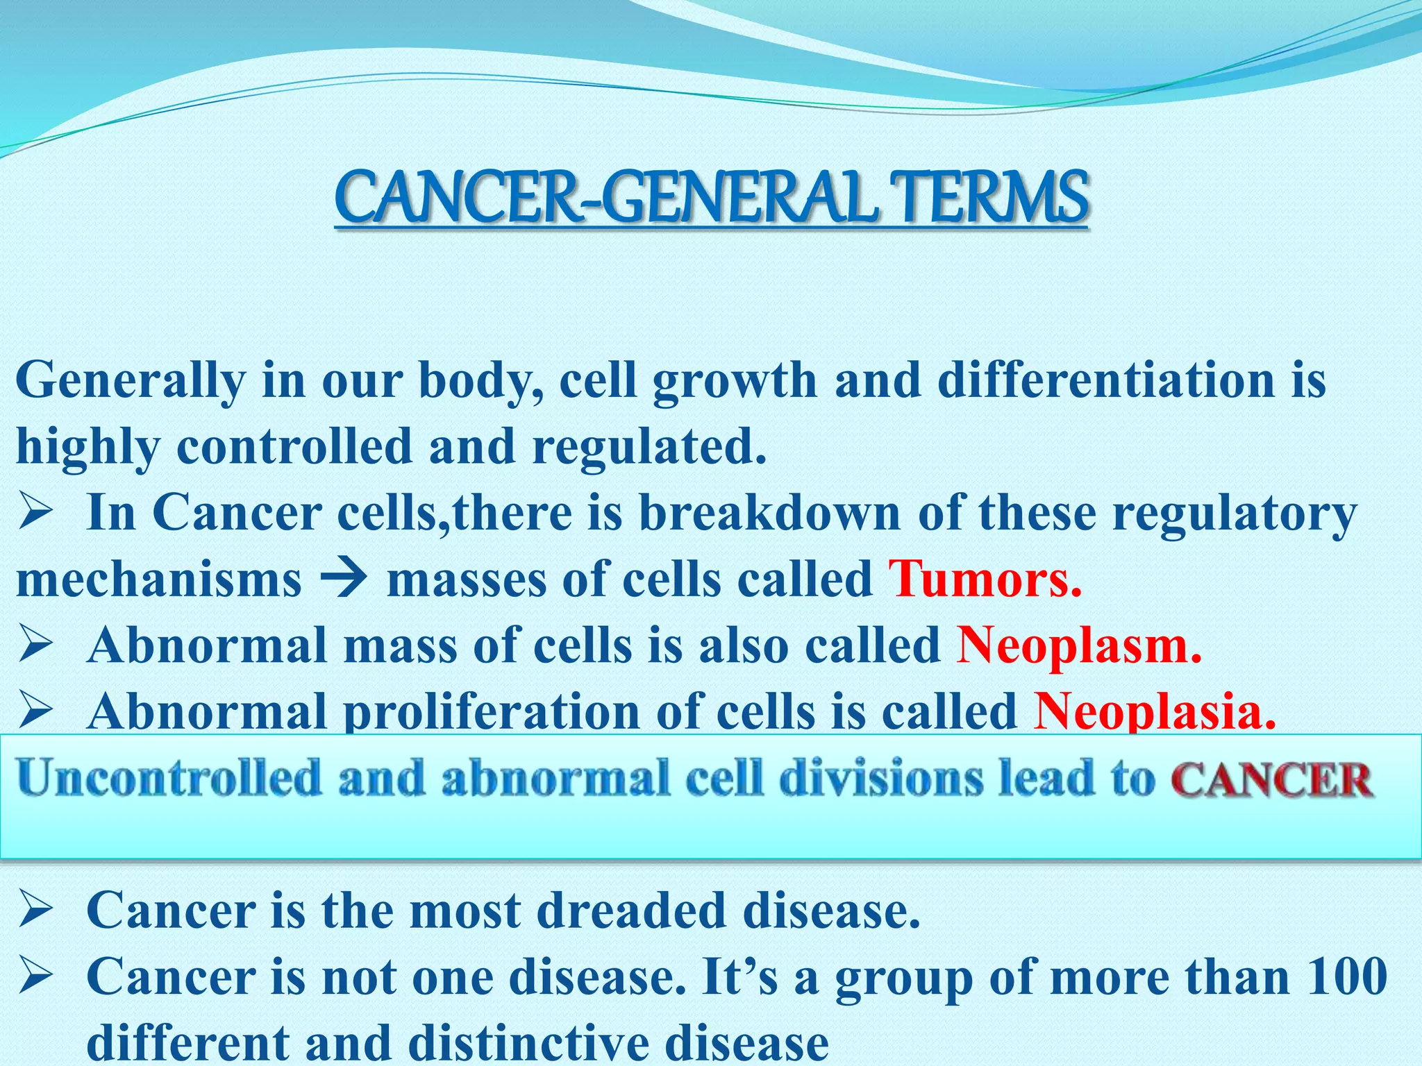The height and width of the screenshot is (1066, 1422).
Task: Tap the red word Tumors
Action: [985, 579]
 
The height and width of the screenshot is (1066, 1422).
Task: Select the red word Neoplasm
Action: [1078, 646]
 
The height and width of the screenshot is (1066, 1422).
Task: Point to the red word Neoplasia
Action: [1154, 712]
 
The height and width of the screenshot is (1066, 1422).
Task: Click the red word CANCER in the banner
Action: [1272, 780]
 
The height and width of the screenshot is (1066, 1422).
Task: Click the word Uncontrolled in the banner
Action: [169, 779]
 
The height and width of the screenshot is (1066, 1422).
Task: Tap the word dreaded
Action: [630, 911]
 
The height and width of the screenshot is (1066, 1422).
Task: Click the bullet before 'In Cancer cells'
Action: [36, 514]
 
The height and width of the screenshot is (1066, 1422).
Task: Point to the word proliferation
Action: [492, 713]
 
